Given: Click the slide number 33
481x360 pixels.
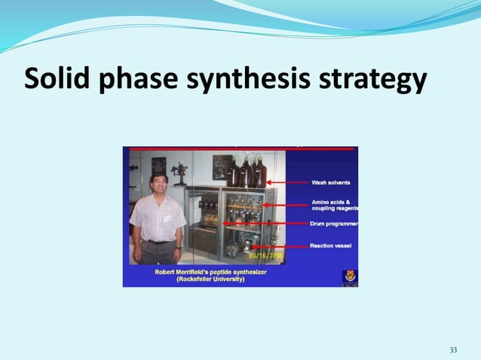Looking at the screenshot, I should pos(453,350).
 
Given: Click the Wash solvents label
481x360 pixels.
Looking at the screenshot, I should pos(331,183).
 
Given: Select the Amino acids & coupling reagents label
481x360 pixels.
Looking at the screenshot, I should pos(334,206).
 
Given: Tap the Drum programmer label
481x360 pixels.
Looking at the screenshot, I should pos(334,224).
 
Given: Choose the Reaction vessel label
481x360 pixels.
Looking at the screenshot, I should pos(331,246).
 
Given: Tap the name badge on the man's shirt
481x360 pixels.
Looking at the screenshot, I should pos(167,218).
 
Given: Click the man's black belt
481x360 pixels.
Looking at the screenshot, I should pos(158,242).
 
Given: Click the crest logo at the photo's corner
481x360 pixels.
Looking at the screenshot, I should pos(349,276).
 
